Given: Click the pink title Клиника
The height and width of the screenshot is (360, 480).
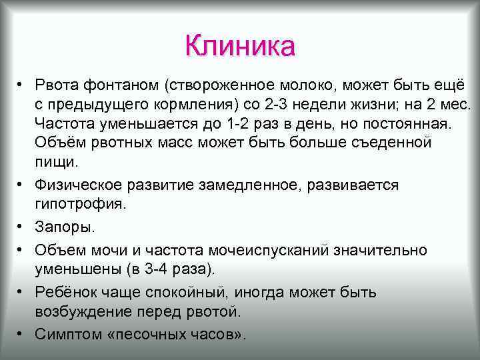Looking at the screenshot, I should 240,47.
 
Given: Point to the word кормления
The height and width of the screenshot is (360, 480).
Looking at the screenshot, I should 187,105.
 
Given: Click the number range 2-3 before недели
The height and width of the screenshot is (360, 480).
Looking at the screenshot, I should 273,105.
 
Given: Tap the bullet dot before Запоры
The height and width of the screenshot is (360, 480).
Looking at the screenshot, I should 21,227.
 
